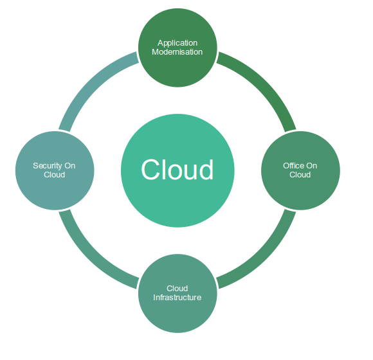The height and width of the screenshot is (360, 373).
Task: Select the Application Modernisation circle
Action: [177, 48]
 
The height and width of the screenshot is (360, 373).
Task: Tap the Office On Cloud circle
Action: [300, 170]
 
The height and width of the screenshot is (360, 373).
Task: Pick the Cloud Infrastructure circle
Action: [177, 293]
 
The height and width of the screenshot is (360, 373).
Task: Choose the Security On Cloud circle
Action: [55, 170]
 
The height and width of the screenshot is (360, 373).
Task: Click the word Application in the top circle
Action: [177, 43]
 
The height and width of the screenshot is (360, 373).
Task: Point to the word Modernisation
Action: [177, 51]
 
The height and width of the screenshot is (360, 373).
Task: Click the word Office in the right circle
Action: [293, 166]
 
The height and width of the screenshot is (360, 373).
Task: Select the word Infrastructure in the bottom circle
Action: [177, 298]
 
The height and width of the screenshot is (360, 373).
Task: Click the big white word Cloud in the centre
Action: [177, 170]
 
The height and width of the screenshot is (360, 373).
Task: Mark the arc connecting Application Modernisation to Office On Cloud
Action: [264, 84]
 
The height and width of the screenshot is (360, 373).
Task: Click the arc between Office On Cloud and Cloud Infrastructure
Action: [264, 257]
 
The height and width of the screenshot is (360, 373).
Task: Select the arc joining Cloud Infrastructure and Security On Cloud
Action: [91, 257]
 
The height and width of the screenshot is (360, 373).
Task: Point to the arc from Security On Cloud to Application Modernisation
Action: [91, 84]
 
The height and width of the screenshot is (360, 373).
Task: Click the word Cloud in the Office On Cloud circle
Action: [300, 175]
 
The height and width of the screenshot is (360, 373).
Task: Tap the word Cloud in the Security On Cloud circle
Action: [55, 175]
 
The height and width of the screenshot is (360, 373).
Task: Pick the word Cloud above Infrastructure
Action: [177, 289]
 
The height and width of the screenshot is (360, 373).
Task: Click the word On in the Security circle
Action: [69, 166]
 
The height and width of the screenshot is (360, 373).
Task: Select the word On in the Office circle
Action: [311, 166]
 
